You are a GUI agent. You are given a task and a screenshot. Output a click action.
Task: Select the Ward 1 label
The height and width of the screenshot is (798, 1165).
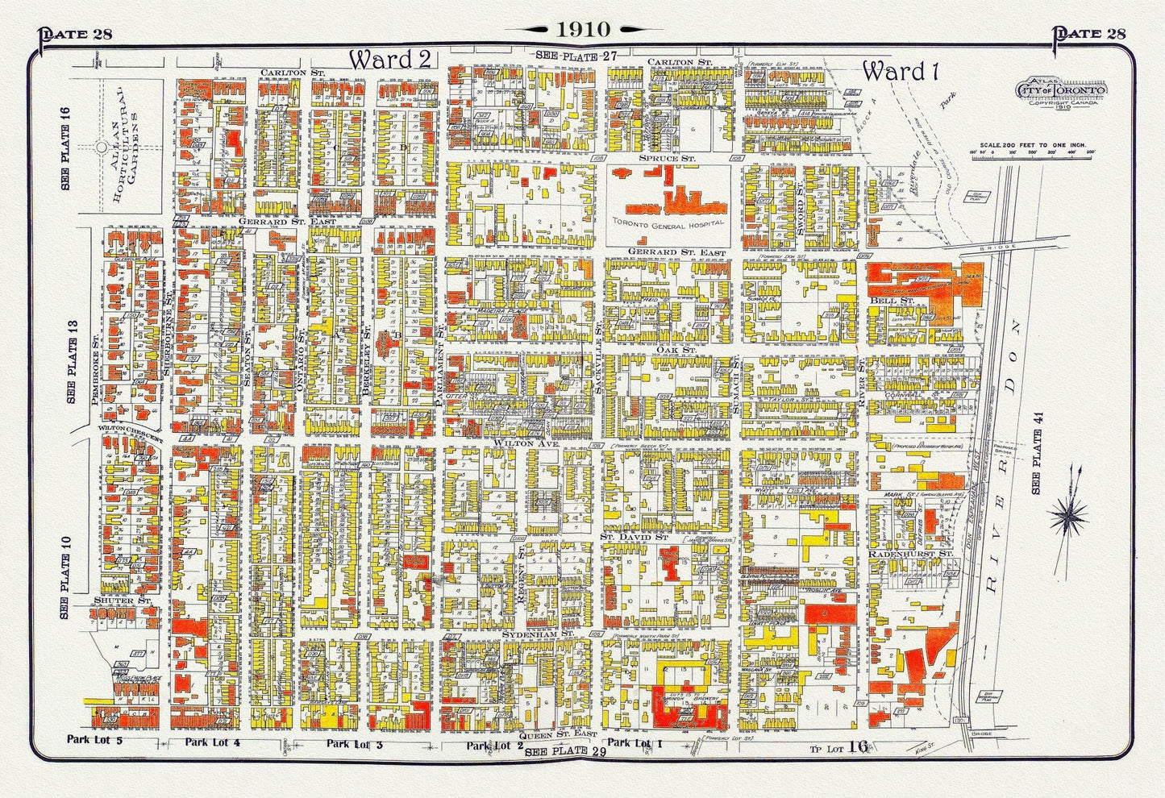904,72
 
